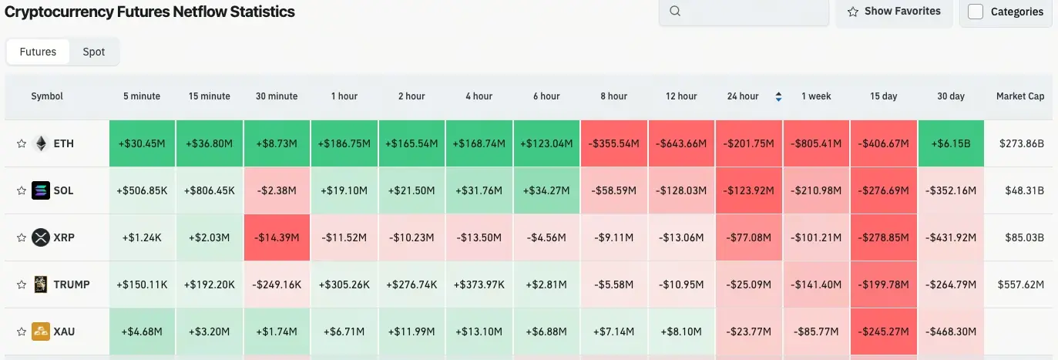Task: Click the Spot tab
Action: coord(94,52)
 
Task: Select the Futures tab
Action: coord(38,52)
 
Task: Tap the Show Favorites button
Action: coord(894,12)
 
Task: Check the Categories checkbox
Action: coord(976,12)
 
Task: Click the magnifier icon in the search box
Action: coord(675,12)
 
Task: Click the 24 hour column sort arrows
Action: coord(778,96)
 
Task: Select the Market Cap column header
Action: coord(1020,96)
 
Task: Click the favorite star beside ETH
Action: coord(22,143)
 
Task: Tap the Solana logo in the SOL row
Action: coord(41,190)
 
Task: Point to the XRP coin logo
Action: coord(41,237)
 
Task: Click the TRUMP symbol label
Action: coord(72,284)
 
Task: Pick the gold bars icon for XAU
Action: coord(41,331)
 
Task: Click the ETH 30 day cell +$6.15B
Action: coord(951,143)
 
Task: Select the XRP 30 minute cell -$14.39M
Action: coord(277,237)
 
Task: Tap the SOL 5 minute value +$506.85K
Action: coord(142,190)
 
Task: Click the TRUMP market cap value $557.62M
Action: coord(1020,284)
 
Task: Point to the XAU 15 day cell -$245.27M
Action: coord(884,331)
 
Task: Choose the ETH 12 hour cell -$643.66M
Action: coord(681,143)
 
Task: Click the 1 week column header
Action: coord(816,96)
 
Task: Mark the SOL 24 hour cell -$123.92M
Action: coord(749,190)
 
